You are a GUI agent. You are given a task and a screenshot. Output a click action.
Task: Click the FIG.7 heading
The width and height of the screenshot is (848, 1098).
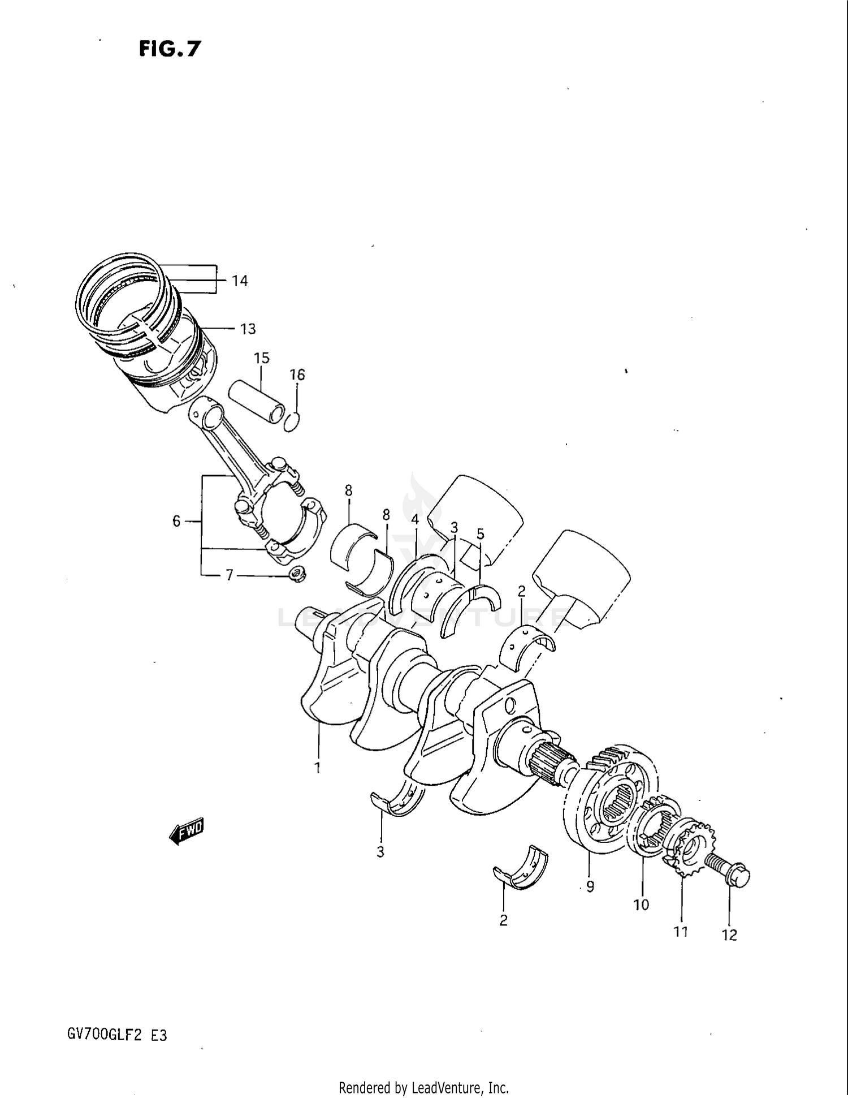pos(170,49)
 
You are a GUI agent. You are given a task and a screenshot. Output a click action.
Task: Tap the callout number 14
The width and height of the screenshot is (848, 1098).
pos(240,281)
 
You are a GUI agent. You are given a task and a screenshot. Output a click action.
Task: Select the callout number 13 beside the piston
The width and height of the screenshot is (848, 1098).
pos(248,329)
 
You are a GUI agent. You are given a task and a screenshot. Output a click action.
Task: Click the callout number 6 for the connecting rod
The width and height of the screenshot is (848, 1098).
pos(176,521)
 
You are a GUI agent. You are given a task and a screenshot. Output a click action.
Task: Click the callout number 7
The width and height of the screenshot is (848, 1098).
pos(230,575)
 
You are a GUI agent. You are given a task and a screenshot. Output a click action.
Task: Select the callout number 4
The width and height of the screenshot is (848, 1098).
pos(415,519)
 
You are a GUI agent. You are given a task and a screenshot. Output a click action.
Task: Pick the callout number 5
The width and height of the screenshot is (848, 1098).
pos(481,533)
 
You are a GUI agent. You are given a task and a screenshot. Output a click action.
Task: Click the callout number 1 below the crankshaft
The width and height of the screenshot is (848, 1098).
pos(318,768)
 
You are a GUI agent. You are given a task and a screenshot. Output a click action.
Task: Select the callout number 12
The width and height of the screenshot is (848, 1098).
pos(729,935)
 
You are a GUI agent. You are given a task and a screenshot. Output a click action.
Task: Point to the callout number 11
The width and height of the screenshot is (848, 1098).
pos(681,931)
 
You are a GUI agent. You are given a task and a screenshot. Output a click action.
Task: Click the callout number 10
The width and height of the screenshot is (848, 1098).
pos(641,905)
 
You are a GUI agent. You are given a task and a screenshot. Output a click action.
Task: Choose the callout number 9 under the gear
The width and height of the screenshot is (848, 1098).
pos(590,886)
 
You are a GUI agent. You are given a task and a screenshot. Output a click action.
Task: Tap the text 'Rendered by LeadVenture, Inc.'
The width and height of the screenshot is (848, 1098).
pos(423,1087)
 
